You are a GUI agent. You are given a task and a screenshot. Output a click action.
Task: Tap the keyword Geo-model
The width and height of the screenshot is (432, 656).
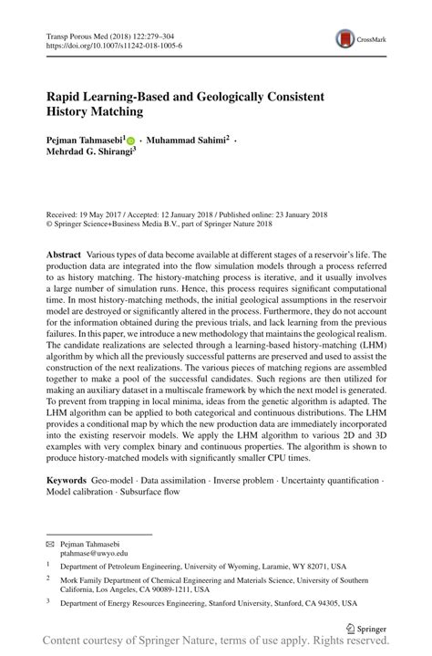point(118,479)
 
